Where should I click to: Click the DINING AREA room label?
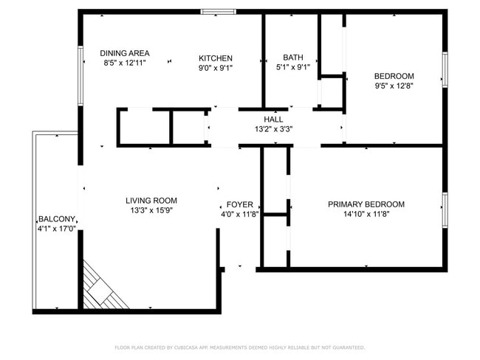[x=125, y=53]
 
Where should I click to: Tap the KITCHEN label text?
[x=216, y=58]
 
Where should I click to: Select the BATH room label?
[x=293, y=58]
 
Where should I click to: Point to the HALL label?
[x=273, y=119]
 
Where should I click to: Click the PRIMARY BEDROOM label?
[x=366, y=204]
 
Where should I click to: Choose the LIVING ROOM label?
[x=151, y=200]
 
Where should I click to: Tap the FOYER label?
[x=239, y=204]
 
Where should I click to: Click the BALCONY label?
[x=57, y=219]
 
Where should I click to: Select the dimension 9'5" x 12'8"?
[x=394, y=86]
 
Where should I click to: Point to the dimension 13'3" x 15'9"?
[x=151, y=210]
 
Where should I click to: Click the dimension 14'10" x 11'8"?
[x=366, y=215]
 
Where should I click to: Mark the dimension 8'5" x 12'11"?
[x=125, y=63]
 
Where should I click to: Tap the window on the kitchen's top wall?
[x=219, y=12]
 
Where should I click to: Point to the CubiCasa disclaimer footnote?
[x=239, y=347]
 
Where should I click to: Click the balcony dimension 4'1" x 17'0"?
[x=57, y=229]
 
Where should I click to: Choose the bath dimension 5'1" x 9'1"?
[x=292, y=68]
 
